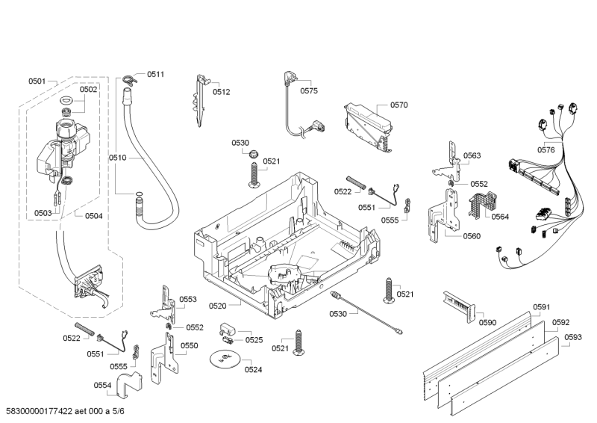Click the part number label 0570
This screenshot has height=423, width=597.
pyautogui.click(x=398, y=106)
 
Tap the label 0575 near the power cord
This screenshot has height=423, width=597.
pyautogui.click(x=309, y=91)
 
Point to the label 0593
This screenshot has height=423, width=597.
pyautogui.click(x=573, y=337)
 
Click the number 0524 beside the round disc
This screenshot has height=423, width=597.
pyautogui.click(x=253, y=369)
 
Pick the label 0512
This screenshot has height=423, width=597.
pyautogui.click(x=221, y=92)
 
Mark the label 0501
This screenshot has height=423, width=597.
pyautogui.click(x=37, y=81)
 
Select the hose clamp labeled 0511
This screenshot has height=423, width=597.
pyautogui.click(x=131, y=75)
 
